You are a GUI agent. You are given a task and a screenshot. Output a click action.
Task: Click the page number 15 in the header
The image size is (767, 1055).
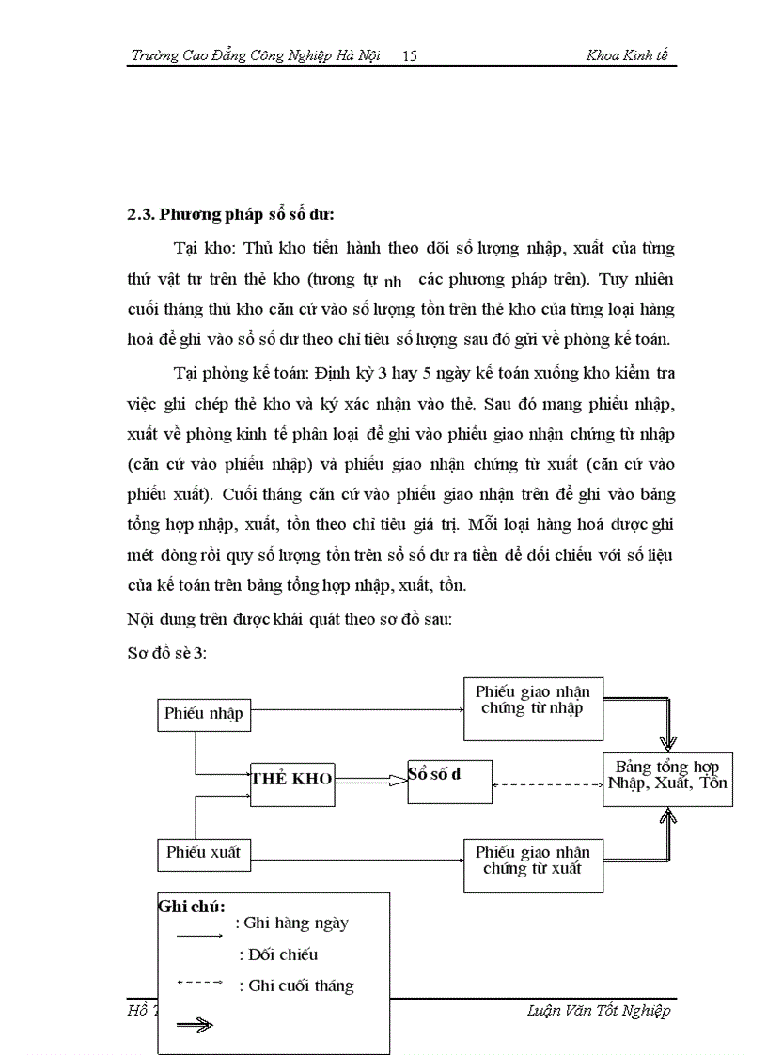tap(409, 56)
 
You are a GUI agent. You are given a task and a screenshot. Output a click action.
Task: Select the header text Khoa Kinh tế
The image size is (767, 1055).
tap(627, 56)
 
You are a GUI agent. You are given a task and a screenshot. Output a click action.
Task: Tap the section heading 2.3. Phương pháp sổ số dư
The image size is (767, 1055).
tap(231, 214)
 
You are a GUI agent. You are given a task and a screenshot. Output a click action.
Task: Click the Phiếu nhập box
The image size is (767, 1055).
tap(204, 714)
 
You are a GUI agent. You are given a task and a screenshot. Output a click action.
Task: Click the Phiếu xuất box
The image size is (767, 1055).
tap(204, 854)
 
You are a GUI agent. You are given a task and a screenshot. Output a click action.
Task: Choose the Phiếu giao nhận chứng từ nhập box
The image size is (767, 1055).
tap(533, 700)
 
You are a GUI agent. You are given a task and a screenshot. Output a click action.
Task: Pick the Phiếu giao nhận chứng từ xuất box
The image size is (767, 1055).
tap(533, 861)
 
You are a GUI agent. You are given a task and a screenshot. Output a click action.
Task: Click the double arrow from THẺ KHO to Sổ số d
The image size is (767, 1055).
tap(370, 779)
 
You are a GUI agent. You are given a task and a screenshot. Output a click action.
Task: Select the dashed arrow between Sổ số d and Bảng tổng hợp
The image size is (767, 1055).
tap(547, 785)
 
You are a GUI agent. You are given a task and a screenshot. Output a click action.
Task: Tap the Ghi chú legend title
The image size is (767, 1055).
tap(192, 908)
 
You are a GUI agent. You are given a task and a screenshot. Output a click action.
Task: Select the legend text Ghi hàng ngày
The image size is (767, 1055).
tap(295, 923)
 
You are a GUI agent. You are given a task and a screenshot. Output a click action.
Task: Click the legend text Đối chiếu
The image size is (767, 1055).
tap(279, 955)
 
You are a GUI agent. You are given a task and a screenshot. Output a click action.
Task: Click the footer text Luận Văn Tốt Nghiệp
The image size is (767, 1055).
tap(600, 1011)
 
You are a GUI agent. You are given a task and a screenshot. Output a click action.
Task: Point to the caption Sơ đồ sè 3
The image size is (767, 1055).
tap(166, 654)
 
